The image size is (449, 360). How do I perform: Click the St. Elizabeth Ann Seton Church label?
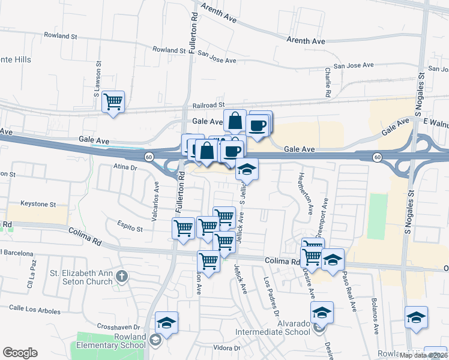(81, 277)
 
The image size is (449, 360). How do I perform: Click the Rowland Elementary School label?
(108, 341)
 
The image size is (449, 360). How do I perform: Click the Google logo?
(20, 353)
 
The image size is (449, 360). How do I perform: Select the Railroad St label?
(203, 104)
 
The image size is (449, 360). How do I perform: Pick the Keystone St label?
(38, 204)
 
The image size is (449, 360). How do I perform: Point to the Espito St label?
(130, 229)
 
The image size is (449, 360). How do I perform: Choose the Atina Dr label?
(126, 169)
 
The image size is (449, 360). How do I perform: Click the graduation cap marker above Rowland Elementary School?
(166, 322)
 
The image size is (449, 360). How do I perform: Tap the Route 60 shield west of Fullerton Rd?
(148, 157)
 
